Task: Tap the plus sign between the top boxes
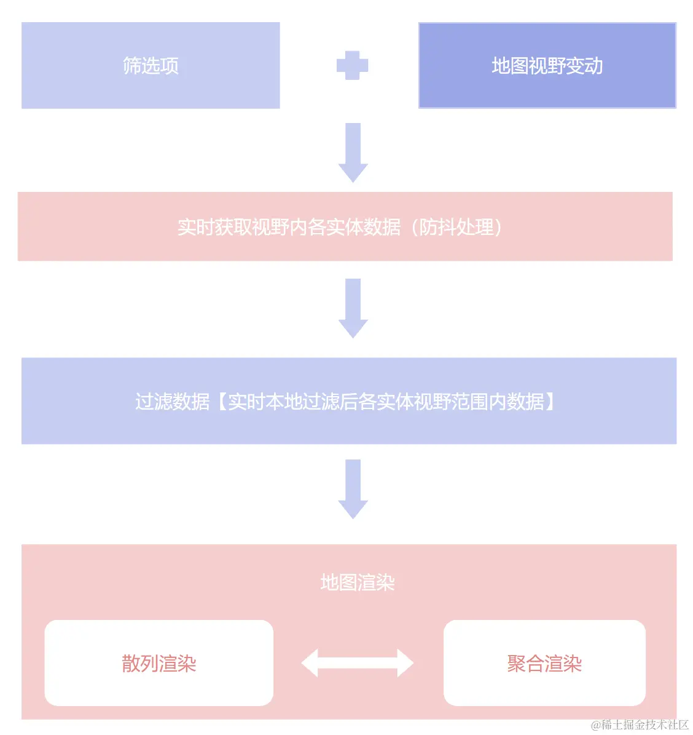(x=352, y=65)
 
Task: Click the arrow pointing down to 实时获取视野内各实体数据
(x=353, y=153)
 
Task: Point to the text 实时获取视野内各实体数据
(x=289, y=227)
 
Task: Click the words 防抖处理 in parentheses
(x=456, y=227)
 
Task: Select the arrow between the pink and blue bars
(x=353, y=308)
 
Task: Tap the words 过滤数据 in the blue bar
(x=173, y=402)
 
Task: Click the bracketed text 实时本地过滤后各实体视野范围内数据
(x=386, y=402)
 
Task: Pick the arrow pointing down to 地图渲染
(x=353, y=489)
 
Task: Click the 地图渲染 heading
(x=357, y=582)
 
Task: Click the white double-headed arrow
(x=357, y=663)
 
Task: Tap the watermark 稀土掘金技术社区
(x=644, y=725)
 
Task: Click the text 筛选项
(x=151, y=65)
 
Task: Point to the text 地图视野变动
(x=547, y=66)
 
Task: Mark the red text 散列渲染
(x=159, y=664)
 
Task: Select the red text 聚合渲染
(x=544, y=664)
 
